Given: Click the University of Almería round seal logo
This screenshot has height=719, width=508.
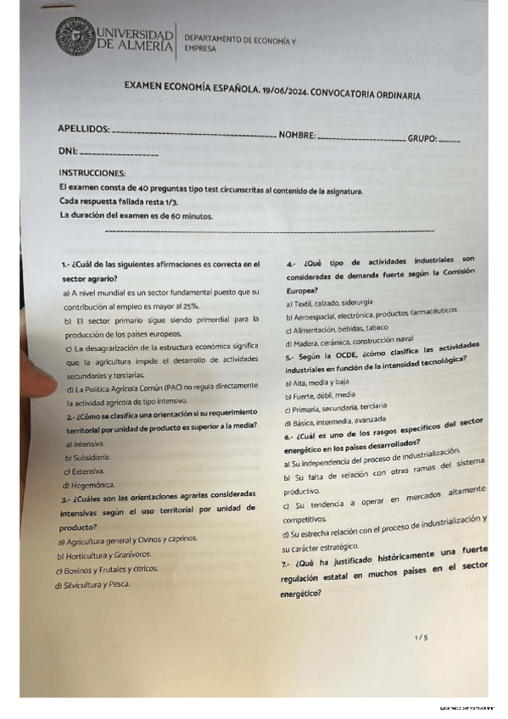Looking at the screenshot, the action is click(75, 38).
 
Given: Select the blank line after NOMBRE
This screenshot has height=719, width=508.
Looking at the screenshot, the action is click(360, 137).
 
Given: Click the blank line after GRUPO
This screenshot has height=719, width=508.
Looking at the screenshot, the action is click(449, 140).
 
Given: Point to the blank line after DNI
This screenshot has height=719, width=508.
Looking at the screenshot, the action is click(118, 154).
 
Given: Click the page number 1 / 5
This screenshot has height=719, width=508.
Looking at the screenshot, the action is click(421, 636).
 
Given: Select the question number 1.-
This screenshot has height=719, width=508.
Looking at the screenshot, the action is click(65, 265).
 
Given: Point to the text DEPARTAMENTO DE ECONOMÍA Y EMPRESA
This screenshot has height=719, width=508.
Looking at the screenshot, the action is click(239, 44).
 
